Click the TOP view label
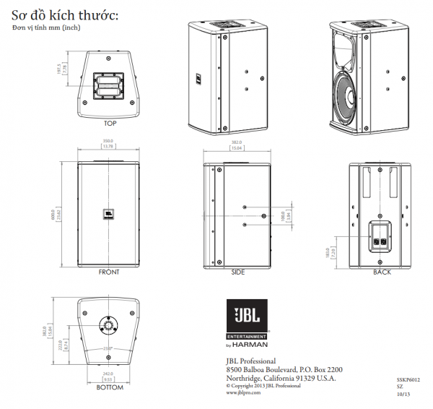point(110,123)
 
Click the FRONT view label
point(109,272)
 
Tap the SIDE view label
point(238,272)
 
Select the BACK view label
point(382,272)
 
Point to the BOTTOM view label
point(110,388)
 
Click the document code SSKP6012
point(408,378)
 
